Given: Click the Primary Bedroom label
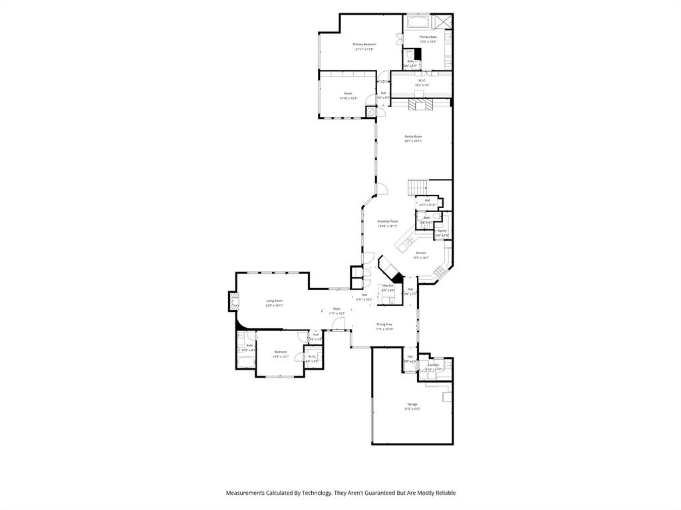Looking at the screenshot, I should [364, 45].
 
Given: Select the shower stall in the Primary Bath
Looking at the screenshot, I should [446, 22].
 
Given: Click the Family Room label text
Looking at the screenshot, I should [413, 136].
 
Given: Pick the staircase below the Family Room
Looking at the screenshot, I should [418, 186].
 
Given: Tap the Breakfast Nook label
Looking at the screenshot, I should [387, 221].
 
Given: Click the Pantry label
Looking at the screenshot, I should [442, 231].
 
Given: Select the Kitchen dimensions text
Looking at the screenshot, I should [420, 258].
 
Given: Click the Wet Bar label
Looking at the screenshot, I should [388, 286].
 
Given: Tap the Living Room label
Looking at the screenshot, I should [274, 301].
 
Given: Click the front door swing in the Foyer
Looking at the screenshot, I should [339, 324].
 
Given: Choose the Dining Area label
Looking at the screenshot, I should [384, 324].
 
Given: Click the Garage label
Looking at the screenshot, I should [412, 404].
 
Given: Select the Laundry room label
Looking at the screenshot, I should [433, 364].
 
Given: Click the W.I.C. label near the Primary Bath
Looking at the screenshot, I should [422, 81].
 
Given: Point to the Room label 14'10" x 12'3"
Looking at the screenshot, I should [348, 94].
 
